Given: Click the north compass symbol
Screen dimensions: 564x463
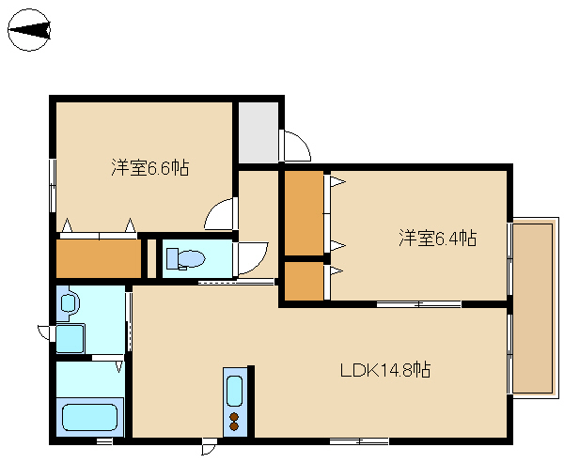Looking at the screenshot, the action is (29, 30).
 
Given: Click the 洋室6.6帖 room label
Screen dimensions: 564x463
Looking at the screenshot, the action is (150, 167).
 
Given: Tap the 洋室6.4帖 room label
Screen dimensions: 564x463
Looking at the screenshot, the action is (438, 238).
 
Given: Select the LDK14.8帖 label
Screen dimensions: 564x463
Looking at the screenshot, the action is (385, 369).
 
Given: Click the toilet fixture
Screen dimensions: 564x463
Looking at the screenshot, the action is (185, 258).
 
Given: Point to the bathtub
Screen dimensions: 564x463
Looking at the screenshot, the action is (90, 417).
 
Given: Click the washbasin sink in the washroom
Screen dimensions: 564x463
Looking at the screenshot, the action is (68, 302).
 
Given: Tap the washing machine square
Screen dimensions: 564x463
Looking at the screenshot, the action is (70, 339).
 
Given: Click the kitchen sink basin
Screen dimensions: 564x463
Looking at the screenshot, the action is (234, 390).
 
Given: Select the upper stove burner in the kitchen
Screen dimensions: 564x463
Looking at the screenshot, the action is (234, 417).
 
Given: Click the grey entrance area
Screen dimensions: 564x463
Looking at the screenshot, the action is (258, 132).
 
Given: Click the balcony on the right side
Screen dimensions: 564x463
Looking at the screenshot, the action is (532, 308).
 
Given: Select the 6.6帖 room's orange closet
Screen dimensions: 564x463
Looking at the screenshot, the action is (99, 258).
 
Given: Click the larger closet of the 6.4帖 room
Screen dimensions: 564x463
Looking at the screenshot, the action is (304, 213).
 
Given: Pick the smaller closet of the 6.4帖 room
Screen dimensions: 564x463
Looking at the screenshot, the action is (304, 281).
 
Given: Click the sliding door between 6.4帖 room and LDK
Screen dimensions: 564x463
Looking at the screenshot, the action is (418, 304).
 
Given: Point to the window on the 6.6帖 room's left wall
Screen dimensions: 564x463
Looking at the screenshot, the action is (53, 185).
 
